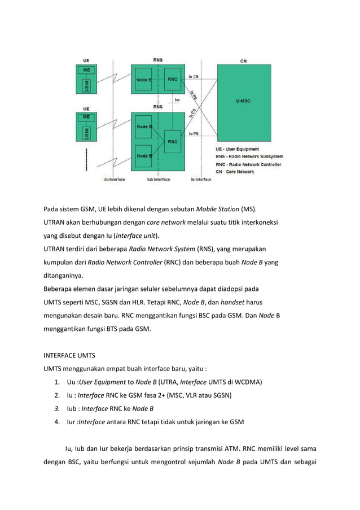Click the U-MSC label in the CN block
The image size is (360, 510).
point(243,102)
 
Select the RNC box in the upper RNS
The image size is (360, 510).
point(172,80)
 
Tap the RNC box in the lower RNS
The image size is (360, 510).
point(172,142)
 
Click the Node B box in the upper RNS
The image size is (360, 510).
point(143,80)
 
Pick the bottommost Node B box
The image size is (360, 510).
point(143,156)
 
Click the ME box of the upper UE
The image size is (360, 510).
point(86,69)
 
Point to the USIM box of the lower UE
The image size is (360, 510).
point(86,133)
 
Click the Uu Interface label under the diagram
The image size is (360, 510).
point(114,180)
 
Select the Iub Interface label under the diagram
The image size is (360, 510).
point(158,180)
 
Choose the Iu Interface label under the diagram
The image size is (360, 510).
point(201,180)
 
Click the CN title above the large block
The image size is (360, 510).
point(243,60)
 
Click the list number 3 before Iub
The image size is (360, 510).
point(57,408)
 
